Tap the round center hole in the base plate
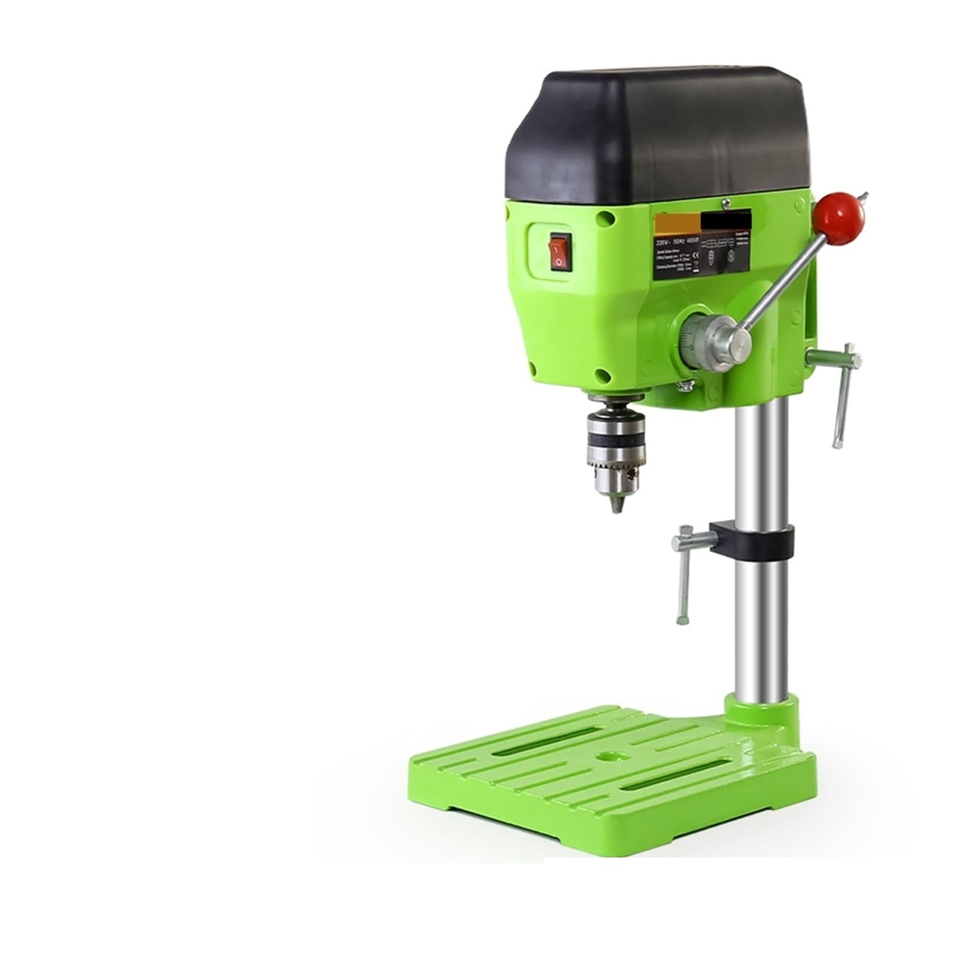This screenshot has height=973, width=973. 606,757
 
